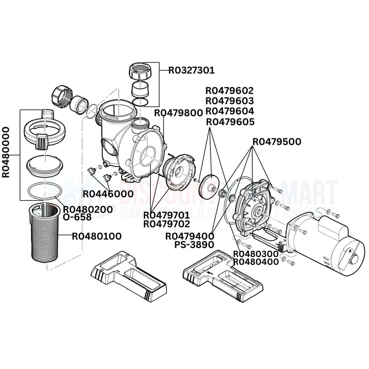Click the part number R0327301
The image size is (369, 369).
[x=191, y=70]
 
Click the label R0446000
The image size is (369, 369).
[x=108, y=194]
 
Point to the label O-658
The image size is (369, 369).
[x=77, y=217]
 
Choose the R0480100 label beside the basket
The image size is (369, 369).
[x=97, y=236]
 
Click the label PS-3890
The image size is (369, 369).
[x=194, y=245]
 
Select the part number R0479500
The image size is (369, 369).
[x=277, y=142]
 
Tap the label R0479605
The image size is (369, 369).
[x=230, y=122]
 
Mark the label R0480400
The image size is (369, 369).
[x=256, y=262]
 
